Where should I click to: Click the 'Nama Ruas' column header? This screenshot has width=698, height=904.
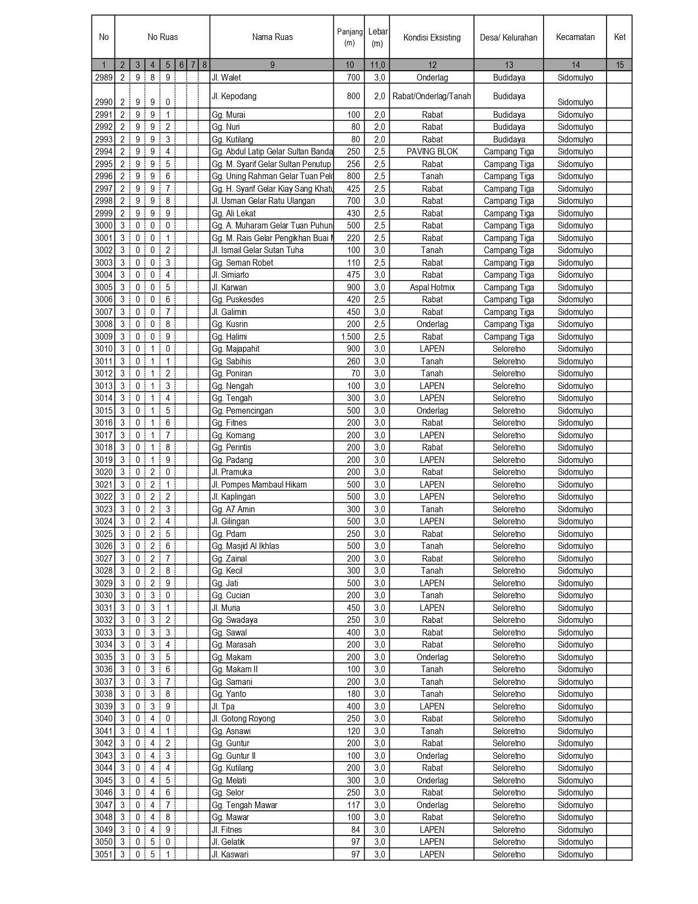click(x=272, y=37)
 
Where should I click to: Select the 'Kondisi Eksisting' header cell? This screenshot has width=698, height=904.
click(x=432, y=37)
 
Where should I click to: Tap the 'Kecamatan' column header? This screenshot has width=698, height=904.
click(x=575, y=37)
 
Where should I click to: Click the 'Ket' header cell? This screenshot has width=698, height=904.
click(x=619, y=37)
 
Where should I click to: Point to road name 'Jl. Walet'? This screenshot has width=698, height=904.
click(x=227, y=78)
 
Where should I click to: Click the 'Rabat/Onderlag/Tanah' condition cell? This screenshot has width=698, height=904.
click(x=432, y=96)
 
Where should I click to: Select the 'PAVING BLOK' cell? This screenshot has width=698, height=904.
click(x=432, y=152)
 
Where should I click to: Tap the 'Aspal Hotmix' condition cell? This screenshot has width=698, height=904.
click(x=432, y=288)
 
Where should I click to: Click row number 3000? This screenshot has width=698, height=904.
click(x=103, y=226)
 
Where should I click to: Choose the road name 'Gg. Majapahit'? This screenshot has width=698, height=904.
click(x=235, y=349)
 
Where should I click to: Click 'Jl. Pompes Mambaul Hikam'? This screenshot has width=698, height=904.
click(x=259, y=485)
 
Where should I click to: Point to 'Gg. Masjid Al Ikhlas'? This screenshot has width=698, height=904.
click(x=245, y=546)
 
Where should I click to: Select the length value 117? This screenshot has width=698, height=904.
click(x=354, y=805)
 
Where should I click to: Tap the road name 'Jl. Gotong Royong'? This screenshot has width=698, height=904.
click(x=243, y=719)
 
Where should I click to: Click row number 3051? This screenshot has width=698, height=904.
click(x=103, y=855)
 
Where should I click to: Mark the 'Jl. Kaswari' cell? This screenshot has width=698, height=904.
click(x=230, y=855)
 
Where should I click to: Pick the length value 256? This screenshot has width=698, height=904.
click(x=354, y=164)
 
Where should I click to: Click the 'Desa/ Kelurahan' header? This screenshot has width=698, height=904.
click(x=509, y=37)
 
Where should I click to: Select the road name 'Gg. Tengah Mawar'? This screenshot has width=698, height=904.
click(x=244, y=805)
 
